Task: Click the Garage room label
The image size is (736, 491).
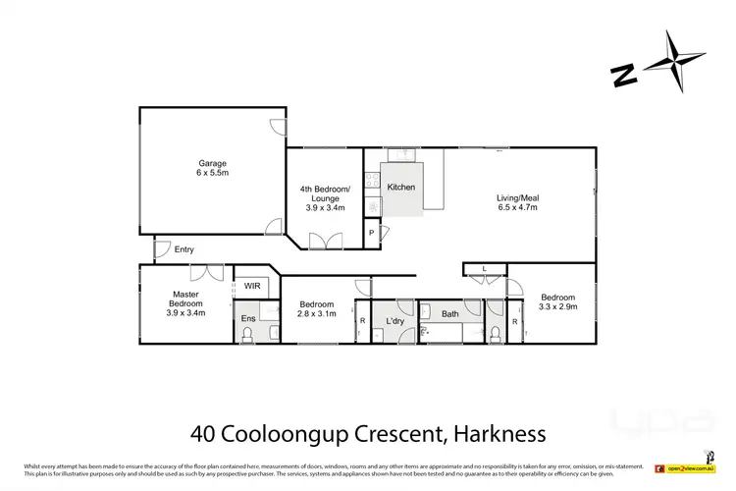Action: (x=211, y=169)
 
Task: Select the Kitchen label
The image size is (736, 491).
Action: (x=400, y=187)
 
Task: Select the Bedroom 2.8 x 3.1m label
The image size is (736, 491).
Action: (x=317, y=310)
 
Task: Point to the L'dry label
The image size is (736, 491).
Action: (x=395, y=321)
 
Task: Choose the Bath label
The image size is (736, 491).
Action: (x=449, y=314)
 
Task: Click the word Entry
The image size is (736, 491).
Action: (x=184, y=249)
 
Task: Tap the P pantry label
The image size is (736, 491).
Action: (x=371, y=233)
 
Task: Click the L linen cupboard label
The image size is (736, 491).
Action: (x=485, y=268)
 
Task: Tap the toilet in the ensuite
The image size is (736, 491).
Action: (x=247, y=335)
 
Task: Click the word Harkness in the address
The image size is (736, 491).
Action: (x=496, y=432)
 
